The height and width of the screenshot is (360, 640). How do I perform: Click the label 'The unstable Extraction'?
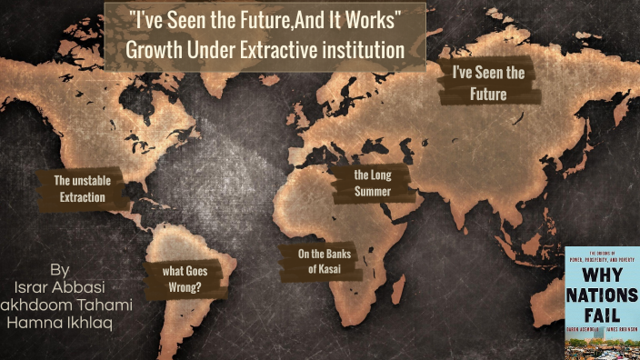82,188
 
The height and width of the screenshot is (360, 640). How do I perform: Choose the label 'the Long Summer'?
372,183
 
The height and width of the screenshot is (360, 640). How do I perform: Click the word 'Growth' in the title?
153,50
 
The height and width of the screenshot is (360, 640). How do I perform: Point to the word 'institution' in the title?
362,50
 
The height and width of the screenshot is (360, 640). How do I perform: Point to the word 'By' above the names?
60,271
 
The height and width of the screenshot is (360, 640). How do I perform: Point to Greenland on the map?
238,36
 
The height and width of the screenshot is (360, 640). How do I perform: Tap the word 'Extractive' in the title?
274,50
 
